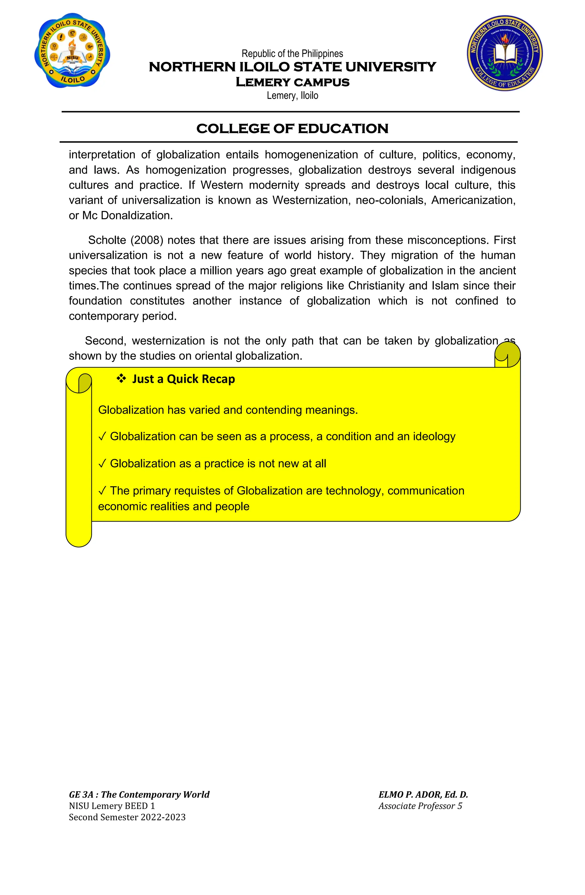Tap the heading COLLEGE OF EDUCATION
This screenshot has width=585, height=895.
pos(292,129)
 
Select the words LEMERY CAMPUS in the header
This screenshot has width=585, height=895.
pos(292,82)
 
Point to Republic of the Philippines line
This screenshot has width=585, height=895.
pos(292,54)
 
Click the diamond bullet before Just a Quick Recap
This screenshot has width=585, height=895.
pos(121,378)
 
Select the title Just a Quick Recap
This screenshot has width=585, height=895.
pos(183,379)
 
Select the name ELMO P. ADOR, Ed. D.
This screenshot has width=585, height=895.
pos(423,795)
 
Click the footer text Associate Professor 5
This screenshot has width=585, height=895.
pos(420,806)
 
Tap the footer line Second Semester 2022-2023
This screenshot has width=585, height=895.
pos(127,817)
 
